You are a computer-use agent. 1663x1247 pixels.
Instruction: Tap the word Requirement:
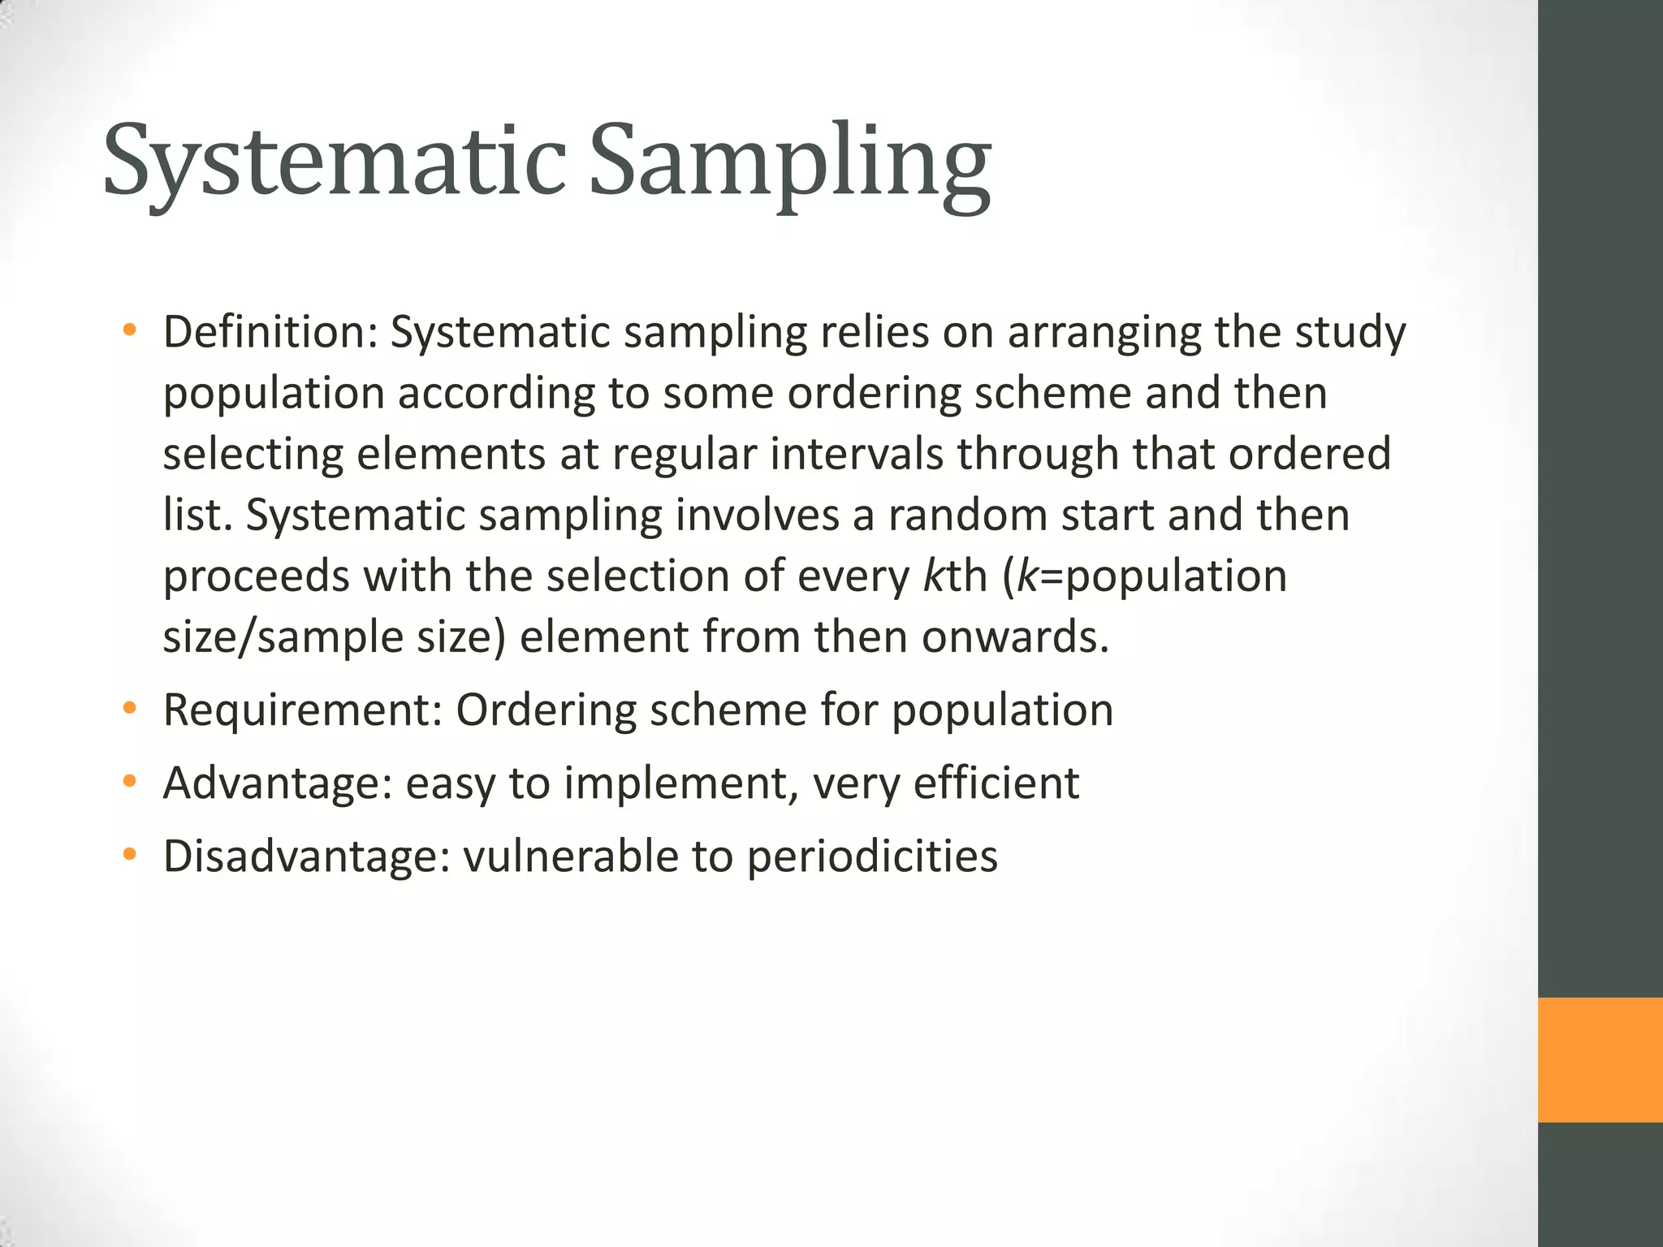[302, 710]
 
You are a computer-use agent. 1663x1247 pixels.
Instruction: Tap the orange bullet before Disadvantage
[129, 856]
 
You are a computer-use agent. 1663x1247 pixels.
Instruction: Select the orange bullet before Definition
[129, 331]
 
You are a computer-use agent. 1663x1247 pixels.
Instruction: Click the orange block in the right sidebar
[1600, 1059]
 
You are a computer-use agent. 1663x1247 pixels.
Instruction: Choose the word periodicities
[872, 857]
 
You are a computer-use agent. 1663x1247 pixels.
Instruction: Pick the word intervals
[856, 454]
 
